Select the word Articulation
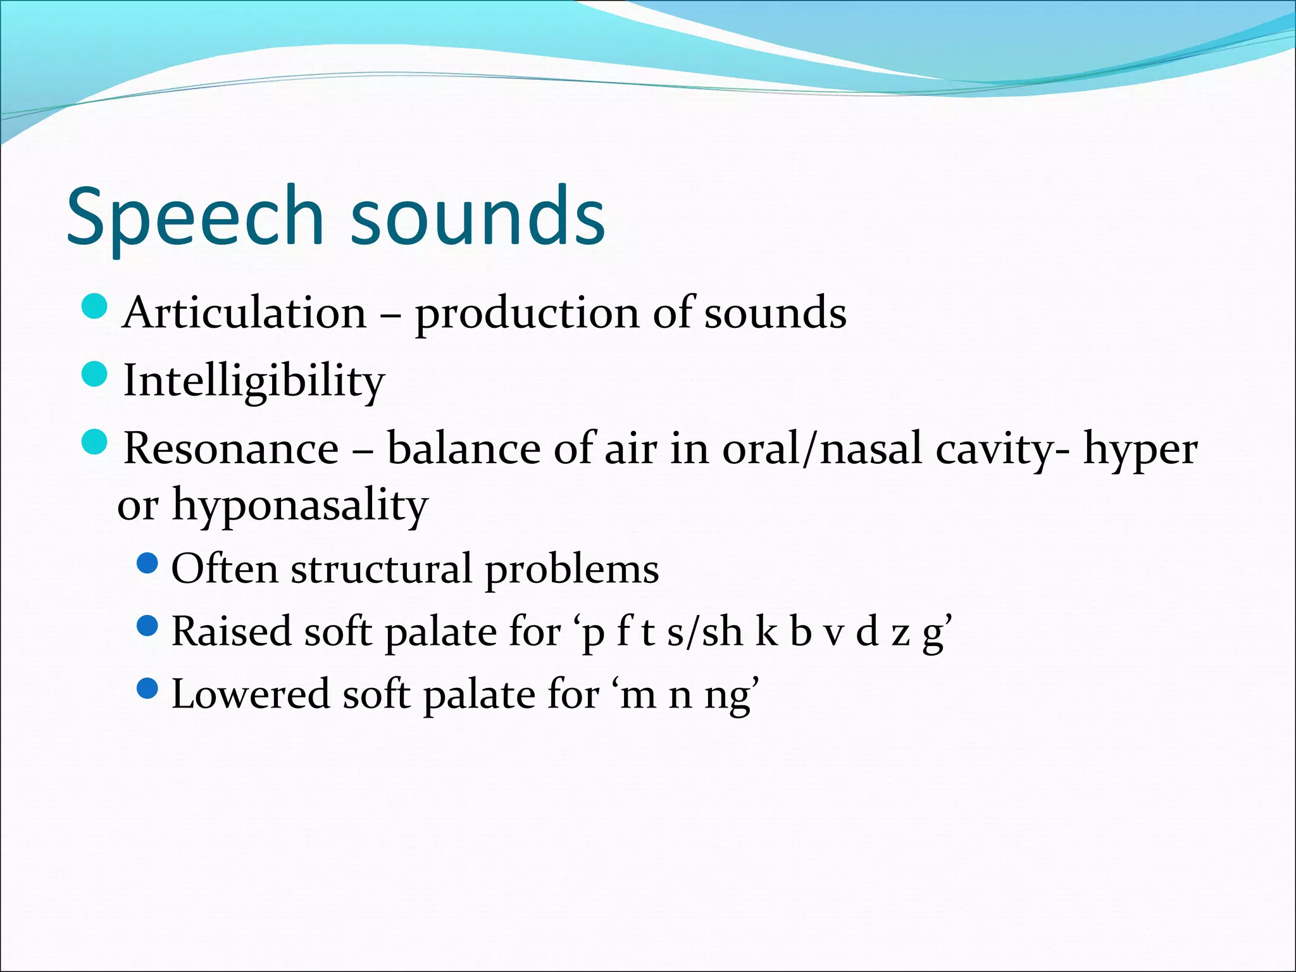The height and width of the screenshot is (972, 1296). click(x=245, y=313)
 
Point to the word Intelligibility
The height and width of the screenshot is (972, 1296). click(x=254, y=382)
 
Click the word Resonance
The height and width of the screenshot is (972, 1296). click(x=231, y=449)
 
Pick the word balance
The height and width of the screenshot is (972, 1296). click(x=464, y=449)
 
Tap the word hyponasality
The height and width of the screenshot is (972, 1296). click(x=300, y=506)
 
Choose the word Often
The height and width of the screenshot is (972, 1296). click(x=225, y=568)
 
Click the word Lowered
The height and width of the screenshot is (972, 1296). click(x=251, y=694)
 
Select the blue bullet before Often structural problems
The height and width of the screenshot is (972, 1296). click(x=147, y=563)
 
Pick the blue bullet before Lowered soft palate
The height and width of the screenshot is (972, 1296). click(x=147, y=688)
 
